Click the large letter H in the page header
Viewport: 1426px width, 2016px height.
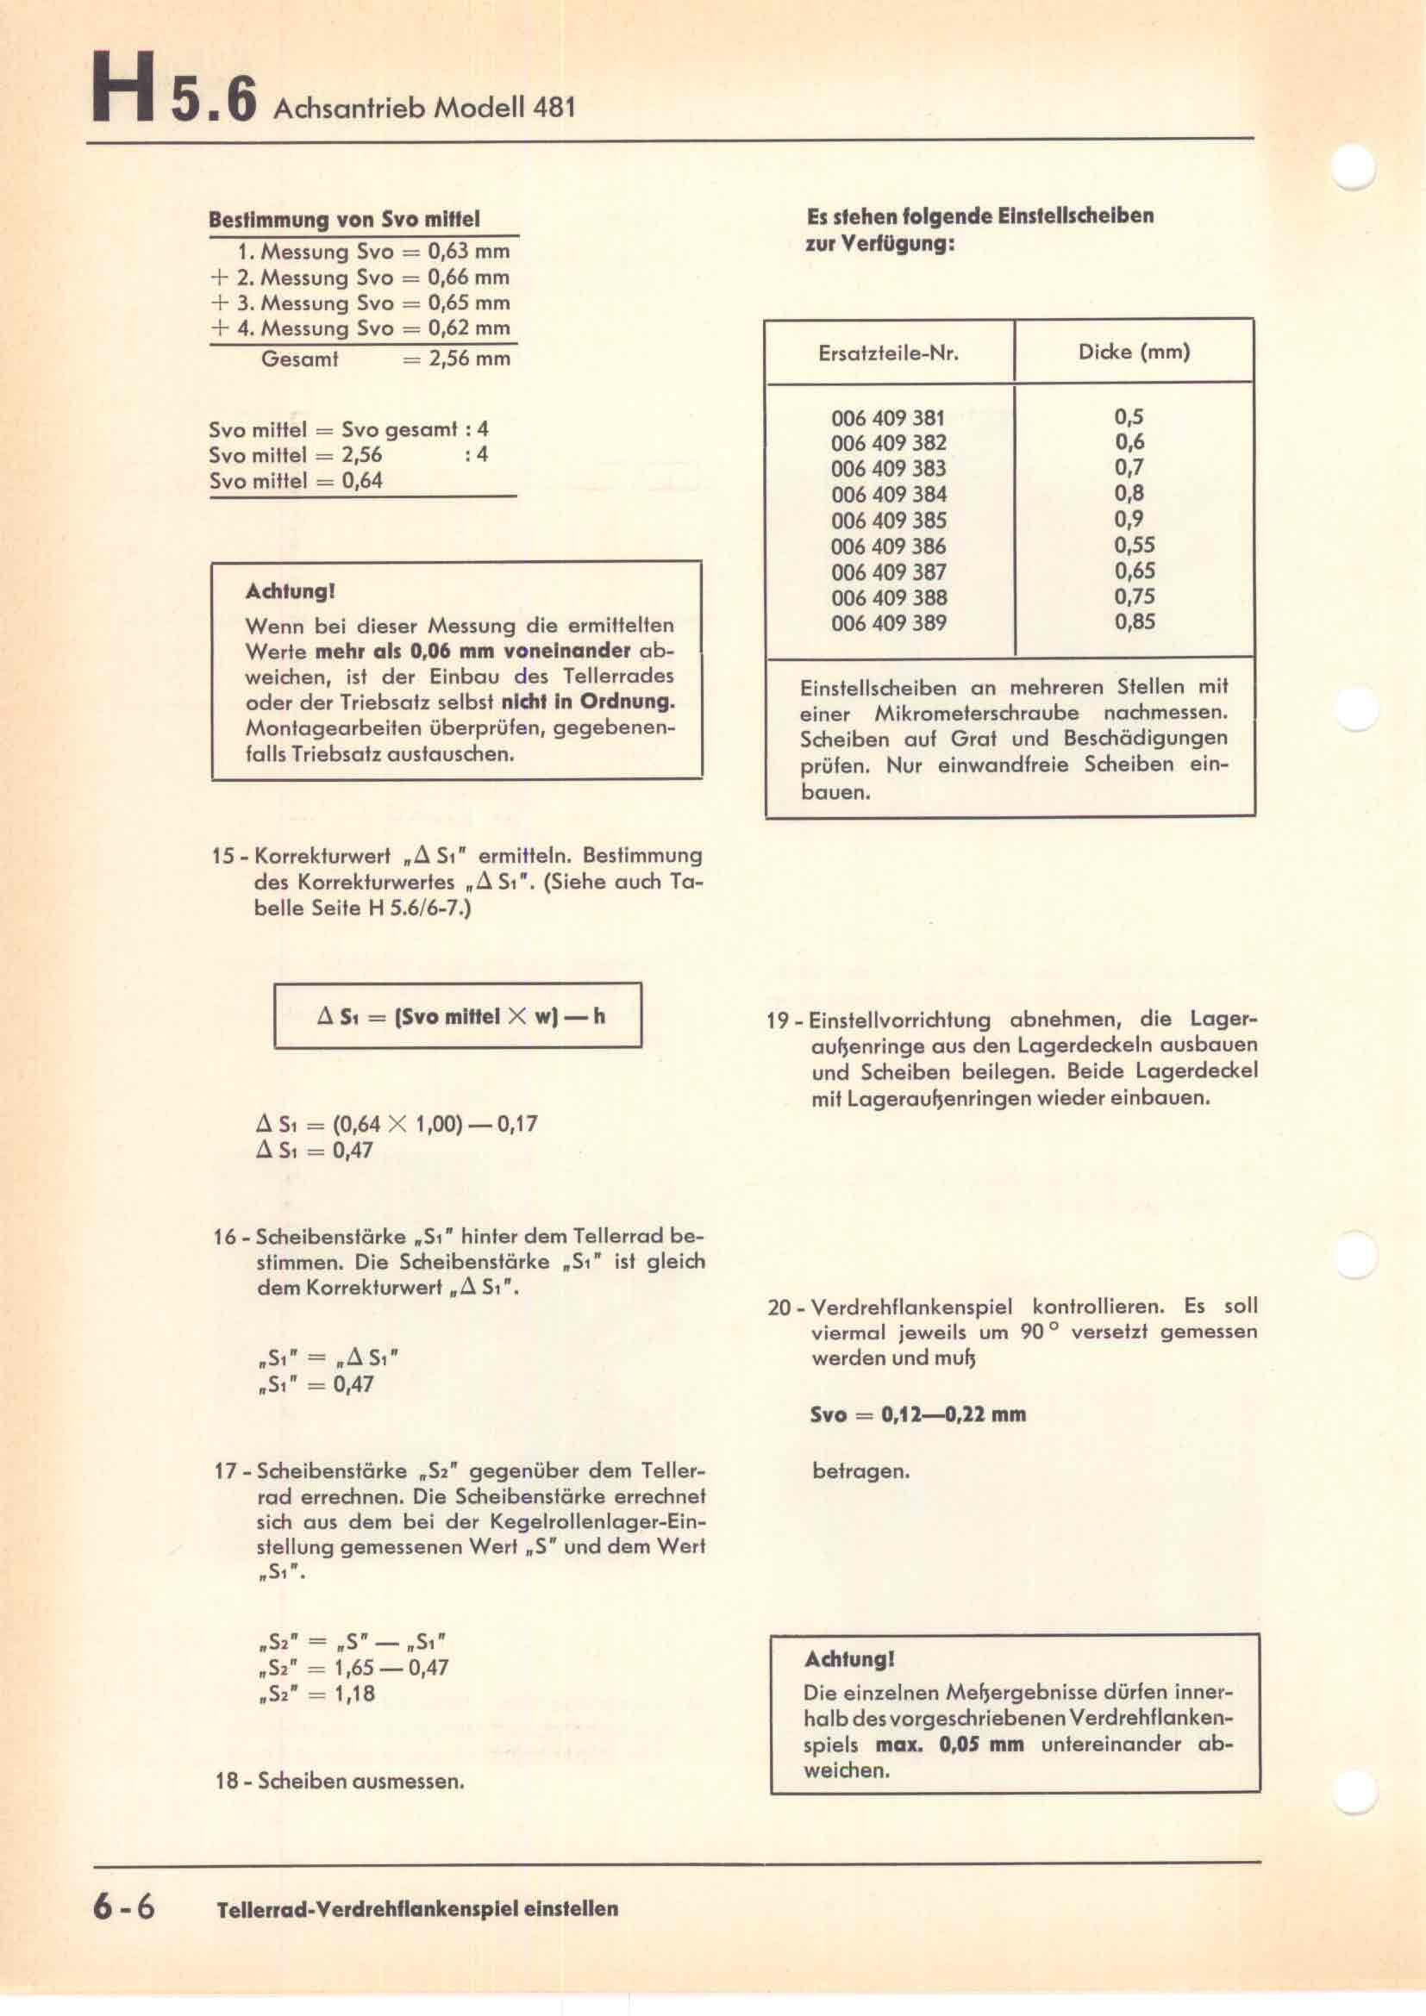(x=125, y=89)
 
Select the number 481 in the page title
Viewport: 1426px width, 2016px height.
(x=554, y=108)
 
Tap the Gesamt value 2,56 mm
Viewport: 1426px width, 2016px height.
(x=469, y=359)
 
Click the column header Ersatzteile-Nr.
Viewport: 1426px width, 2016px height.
(x=889, y=354)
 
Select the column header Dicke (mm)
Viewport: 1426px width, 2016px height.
(x=1134, y=353)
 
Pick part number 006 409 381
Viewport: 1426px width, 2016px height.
(x=889, y=418)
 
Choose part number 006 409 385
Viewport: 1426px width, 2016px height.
(x=889, y=521)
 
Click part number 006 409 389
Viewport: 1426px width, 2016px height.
(x=889, y=623)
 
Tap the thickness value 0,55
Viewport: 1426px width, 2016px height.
(x=1135, y=546)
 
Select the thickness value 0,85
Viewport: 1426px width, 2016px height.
(x=1135, y=622)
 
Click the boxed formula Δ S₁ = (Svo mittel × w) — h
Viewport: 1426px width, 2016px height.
(x=460, y=1017)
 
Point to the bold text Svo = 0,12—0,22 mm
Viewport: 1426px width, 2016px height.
(x=917, y=1414)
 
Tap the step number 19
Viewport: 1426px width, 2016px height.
(x=778, y=1021)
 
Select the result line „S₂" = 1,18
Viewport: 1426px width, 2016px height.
(x=317, y=1694)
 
